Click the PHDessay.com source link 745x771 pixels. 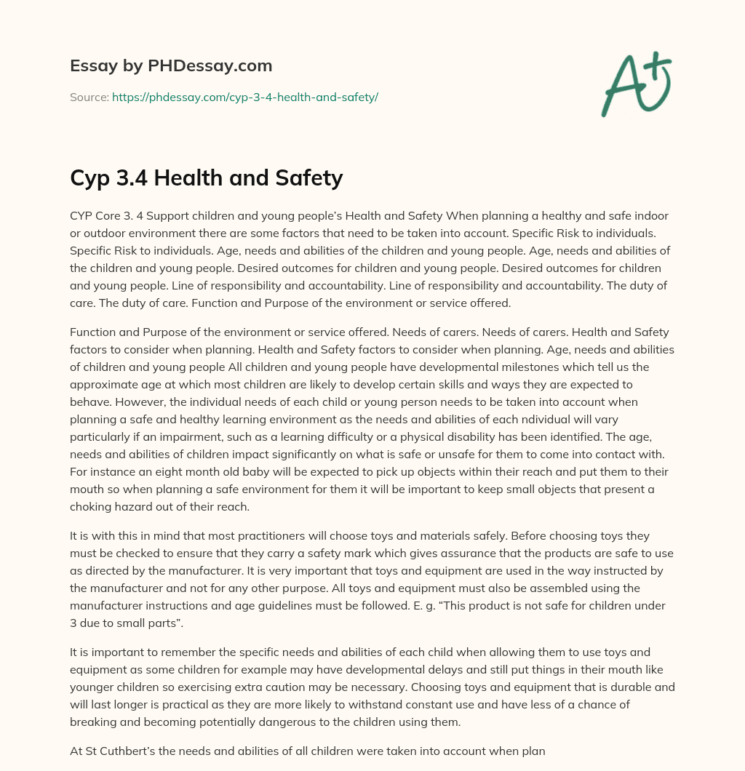click(x=245, y=97)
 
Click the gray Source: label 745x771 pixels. click(x=89, y=97)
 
